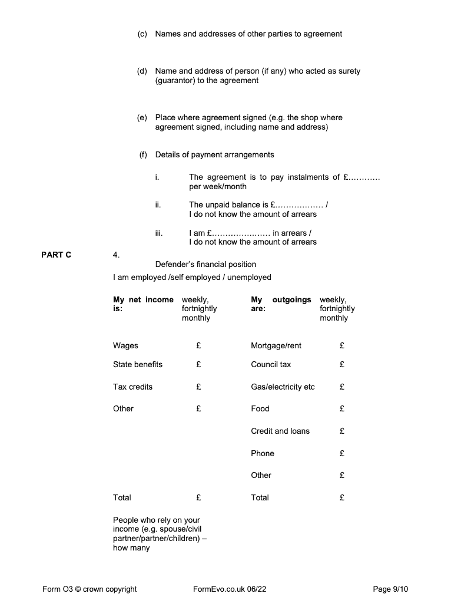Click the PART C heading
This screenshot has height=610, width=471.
pos(56,255)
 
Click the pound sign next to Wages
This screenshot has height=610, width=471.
pos(198,346)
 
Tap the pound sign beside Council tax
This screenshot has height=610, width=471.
pos(342,365)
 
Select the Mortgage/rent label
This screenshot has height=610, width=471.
pos(276,346)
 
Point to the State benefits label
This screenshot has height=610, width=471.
pos(138,365)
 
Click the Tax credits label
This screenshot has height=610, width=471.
pos(132,387)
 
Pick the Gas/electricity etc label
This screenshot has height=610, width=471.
pos(283,387)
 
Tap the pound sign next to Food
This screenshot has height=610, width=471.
pos(342,408)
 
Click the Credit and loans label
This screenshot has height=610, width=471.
pos(280,431)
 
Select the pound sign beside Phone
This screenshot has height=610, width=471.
pos(342,453)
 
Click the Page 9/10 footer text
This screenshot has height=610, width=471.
pos(390,589)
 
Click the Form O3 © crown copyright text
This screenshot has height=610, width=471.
pos(89,589)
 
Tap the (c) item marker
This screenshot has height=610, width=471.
pos(142,34)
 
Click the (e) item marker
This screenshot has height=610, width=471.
pos(142,117)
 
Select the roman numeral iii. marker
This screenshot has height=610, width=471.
pos(158,233)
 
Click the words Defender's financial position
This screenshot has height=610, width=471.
pos(205,265)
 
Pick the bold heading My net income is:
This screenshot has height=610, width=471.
pos(143,304)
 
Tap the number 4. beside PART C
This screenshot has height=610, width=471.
pos(116,255)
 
